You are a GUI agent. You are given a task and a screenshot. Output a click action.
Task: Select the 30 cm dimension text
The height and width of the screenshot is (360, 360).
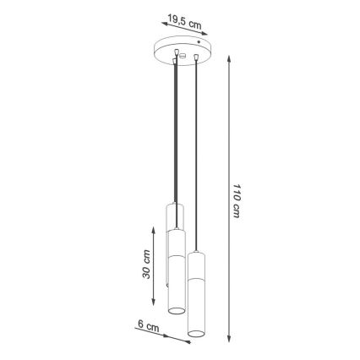click(x=146, y=264)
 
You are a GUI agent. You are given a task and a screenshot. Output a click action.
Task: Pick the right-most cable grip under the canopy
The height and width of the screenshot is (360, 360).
click(x=196, y=58)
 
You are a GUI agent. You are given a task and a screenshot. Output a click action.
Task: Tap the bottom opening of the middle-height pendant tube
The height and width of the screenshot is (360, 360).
click(x=176, y=313)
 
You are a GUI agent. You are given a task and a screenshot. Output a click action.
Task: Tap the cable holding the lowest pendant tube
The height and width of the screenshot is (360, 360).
click(x=196, y=152)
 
